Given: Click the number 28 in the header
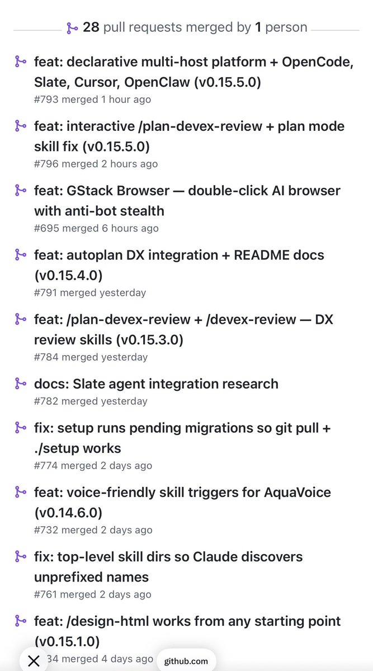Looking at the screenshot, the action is [x=91, y=27].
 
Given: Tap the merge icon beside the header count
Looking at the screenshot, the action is [x=72, y=28].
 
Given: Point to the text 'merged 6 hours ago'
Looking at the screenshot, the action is [x=110, y=228].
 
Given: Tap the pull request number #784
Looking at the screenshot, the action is [x=46, y=357].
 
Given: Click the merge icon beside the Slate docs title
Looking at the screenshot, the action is [x=20, y=384].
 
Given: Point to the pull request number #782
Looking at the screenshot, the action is [x=46, y=401].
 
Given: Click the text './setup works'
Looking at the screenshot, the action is [x=78, y=448].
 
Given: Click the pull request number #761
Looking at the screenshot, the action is [x=46, y=594].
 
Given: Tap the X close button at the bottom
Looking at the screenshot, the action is [x=34, y=661].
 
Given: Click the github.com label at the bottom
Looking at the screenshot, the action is [x=186, y=661].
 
